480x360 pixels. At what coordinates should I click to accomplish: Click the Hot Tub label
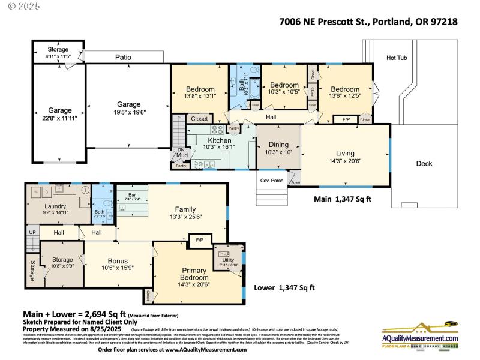pos(397,58)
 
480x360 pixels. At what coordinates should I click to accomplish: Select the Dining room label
pos(278,145)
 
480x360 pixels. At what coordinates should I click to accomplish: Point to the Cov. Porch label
pos(272,181)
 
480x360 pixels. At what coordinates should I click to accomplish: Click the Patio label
pos(124,57)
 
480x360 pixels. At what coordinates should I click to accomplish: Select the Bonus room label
pos(118,260)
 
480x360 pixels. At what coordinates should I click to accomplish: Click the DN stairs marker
pos(180,151)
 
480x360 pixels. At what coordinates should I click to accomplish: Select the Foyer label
pos(295,182)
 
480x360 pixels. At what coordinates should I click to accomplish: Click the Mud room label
pos(180,157)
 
